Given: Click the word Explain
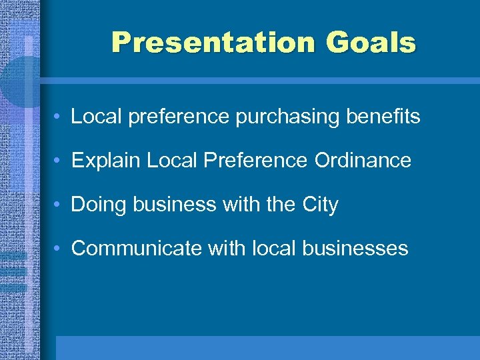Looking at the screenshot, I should pyautogui.click(x=106, y=161).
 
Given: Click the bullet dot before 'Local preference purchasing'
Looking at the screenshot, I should pyautogui.click(x=59, y=117).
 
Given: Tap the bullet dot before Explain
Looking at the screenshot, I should pyautogui.click(x=59, y=161).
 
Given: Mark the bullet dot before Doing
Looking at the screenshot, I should pyautogui.click(x=59, y=205).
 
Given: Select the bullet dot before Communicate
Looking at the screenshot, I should pyautogui.click(x=59, y=249).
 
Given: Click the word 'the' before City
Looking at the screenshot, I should pyautogui.click(x=280, y=204).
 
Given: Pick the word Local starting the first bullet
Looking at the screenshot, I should pyautogui.click(x=95, y=117).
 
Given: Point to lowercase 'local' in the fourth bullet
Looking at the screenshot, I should pyautogui.click(x=274, y=248).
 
